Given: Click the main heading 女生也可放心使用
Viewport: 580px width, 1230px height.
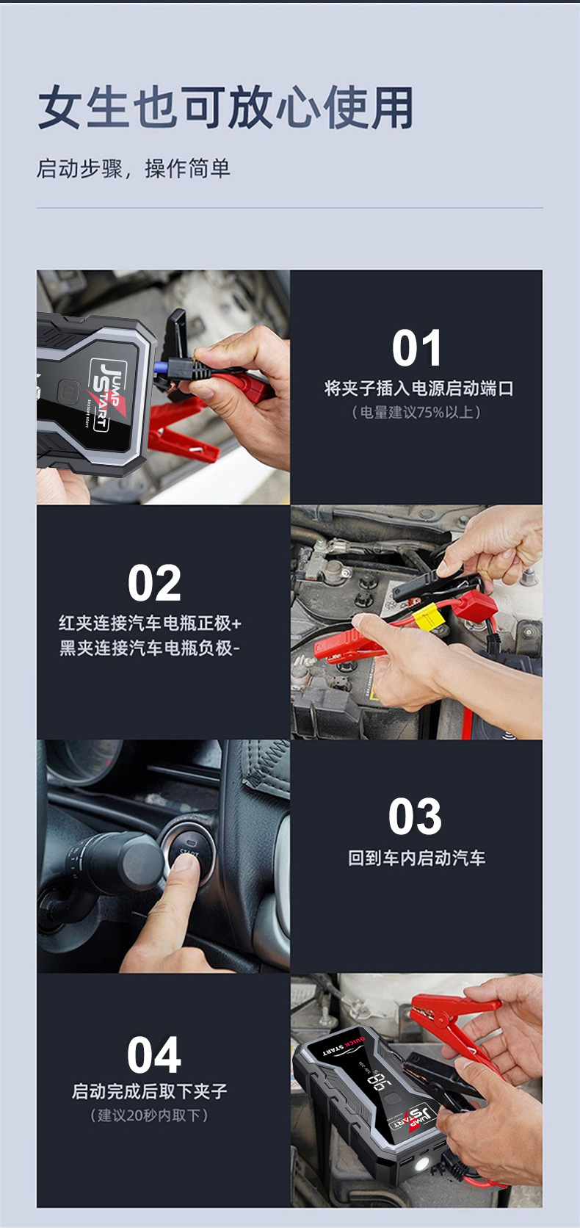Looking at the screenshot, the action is coord(225,107).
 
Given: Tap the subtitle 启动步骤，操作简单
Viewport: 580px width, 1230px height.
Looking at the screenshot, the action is coord(133,169).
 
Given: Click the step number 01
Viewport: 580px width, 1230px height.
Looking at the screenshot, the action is coord(416,347).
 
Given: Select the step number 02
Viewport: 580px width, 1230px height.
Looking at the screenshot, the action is coord(153,582).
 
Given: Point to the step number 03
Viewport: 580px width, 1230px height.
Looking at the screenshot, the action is coord(416,817).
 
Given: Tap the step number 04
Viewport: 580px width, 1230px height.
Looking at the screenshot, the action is coord(153,1054).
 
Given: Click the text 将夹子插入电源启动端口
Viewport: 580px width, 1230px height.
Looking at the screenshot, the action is coord(418,388).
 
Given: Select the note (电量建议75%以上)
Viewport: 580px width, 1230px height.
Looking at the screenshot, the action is coord(416,412).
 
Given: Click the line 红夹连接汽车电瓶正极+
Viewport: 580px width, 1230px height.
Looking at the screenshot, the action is coord(150,623).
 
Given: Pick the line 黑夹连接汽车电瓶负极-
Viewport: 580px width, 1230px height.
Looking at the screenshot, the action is coord(149,648).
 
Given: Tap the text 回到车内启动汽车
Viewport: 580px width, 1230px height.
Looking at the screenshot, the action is coord(416,858).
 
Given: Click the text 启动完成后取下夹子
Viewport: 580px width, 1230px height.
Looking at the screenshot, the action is coord(149,1091).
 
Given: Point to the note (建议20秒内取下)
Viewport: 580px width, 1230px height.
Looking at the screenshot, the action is coord(149,1115).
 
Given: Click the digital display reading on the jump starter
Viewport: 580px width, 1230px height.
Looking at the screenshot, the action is coord(379,1081).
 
